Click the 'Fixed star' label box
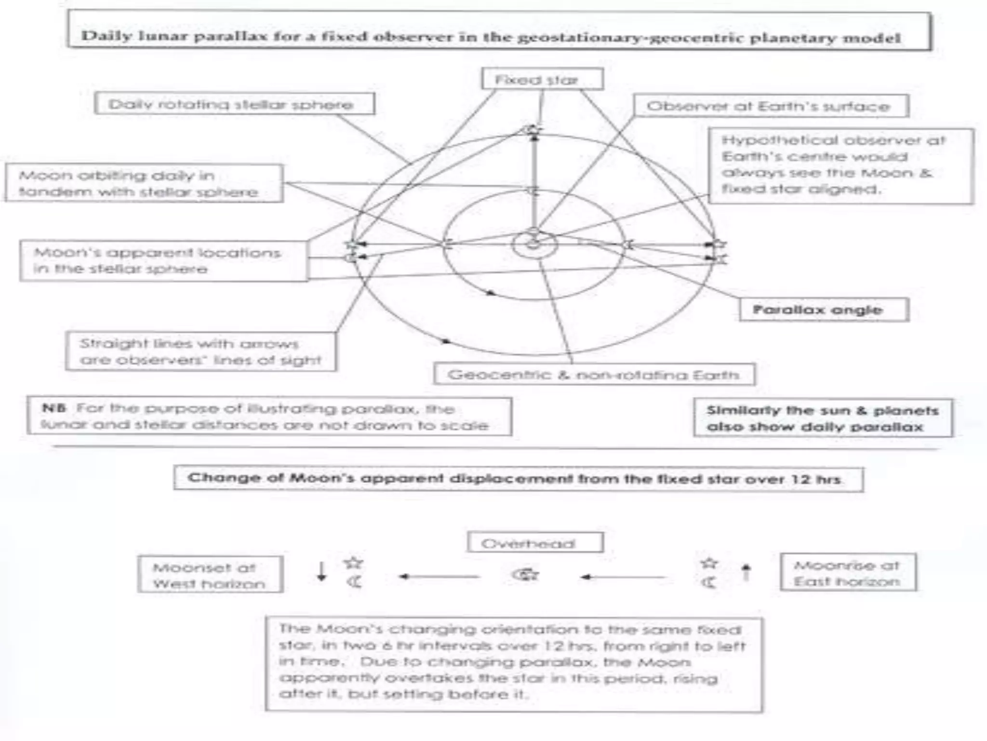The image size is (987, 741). coord(542,79)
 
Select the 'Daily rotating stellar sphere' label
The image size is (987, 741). coord(234,104)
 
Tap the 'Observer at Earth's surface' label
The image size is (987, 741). coord(770,106)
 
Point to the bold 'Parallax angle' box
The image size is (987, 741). coord(824,310)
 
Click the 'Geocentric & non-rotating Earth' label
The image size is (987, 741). coord(594,375)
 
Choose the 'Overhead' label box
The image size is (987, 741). coord(535,543)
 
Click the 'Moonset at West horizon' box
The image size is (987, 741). coord(210,575)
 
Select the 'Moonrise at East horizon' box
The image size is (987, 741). coord(848,573)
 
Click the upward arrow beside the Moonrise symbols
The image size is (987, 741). coord(746,573)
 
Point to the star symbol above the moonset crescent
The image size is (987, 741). coord(354,563)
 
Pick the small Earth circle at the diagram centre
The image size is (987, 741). coord(534,244)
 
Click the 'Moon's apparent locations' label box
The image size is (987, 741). coord(163,261)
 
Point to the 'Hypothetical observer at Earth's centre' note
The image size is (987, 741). coord(840,165)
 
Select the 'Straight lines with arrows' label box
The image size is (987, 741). coord(200,352)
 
